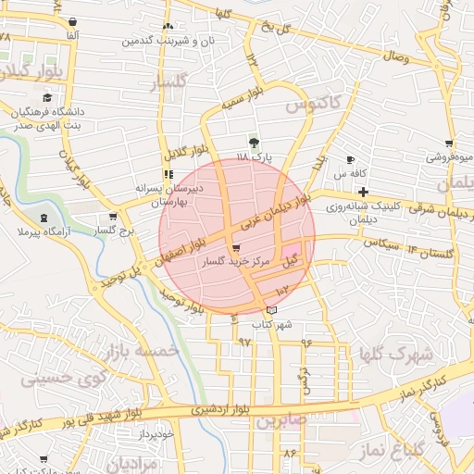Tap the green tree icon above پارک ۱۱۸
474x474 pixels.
(254, 143)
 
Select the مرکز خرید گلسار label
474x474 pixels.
(239, 264)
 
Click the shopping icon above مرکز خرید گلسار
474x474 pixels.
(238, 248)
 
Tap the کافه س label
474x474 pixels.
(352, 174)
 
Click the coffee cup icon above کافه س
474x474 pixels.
(350, 159)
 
